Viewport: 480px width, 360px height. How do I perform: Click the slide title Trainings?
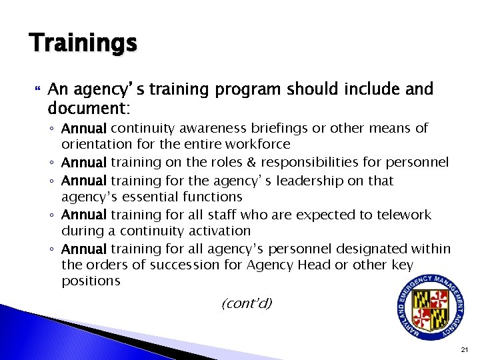point(83,44)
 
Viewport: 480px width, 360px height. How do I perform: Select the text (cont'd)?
point(247,304)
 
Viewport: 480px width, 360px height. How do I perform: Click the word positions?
point(91,281)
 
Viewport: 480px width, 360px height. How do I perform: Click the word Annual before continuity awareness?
point(84,128)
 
